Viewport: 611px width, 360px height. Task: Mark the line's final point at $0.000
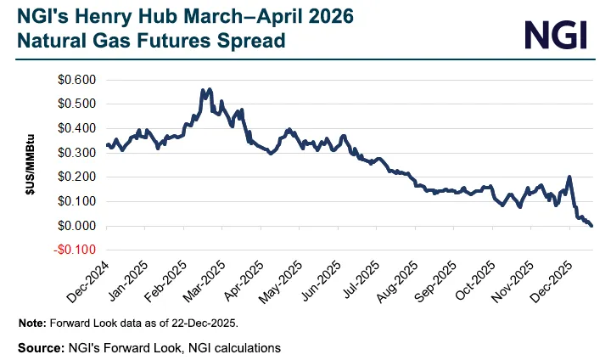click(x=591, y=226)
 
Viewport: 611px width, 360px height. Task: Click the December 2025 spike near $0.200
click(x=569, y=177)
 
